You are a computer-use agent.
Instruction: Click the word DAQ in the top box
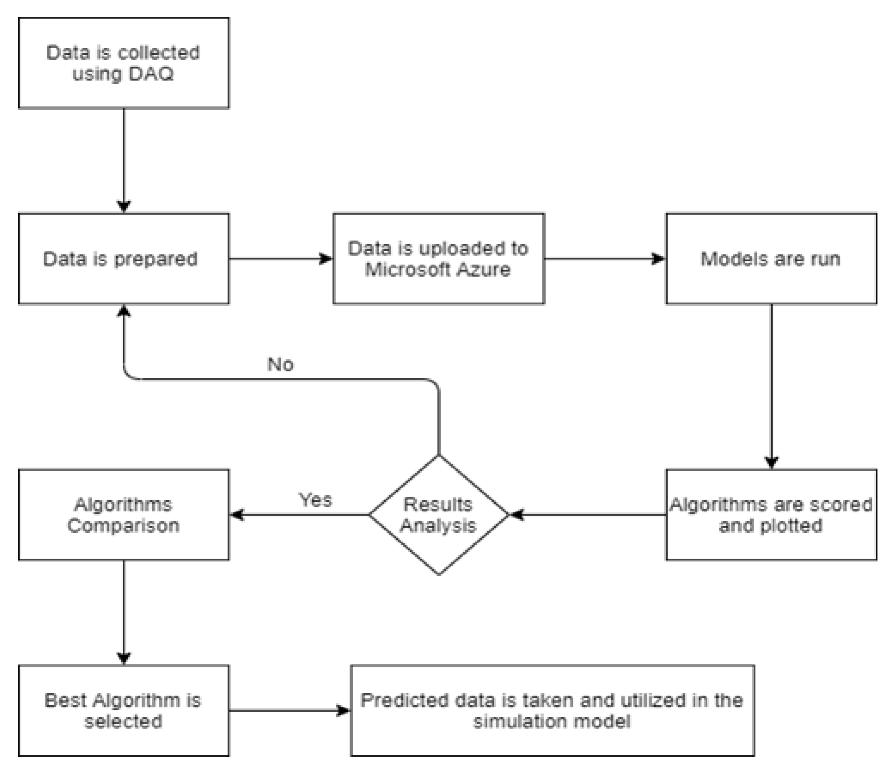[x=151, y=74]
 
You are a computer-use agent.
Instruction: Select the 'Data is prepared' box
[x=123, y=259]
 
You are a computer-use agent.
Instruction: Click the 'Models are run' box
[x=771, y=259]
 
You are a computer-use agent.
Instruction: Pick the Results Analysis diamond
[x=439, y=514]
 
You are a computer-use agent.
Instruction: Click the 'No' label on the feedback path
[x=280, y=365]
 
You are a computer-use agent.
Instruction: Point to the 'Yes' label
[x=315, y=500]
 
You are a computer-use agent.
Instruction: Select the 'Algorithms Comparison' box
[x=123, y=514]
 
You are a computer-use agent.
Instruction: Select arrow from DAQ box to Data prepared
[x=124, y=160]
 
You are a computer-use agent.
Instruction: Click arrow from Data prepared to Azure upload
[x=281, y=259]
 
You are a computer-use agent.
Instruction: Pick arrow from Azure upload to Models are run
[x=605, y=259]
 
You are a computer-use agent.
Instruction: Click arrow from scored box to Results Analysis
[x=587, y=514]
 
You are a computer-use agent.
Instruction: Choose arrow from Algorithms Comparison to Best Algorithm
[x=124, y=612]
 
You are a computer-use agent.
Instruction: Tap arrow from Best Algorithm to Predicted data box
[x=289, y=710]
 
